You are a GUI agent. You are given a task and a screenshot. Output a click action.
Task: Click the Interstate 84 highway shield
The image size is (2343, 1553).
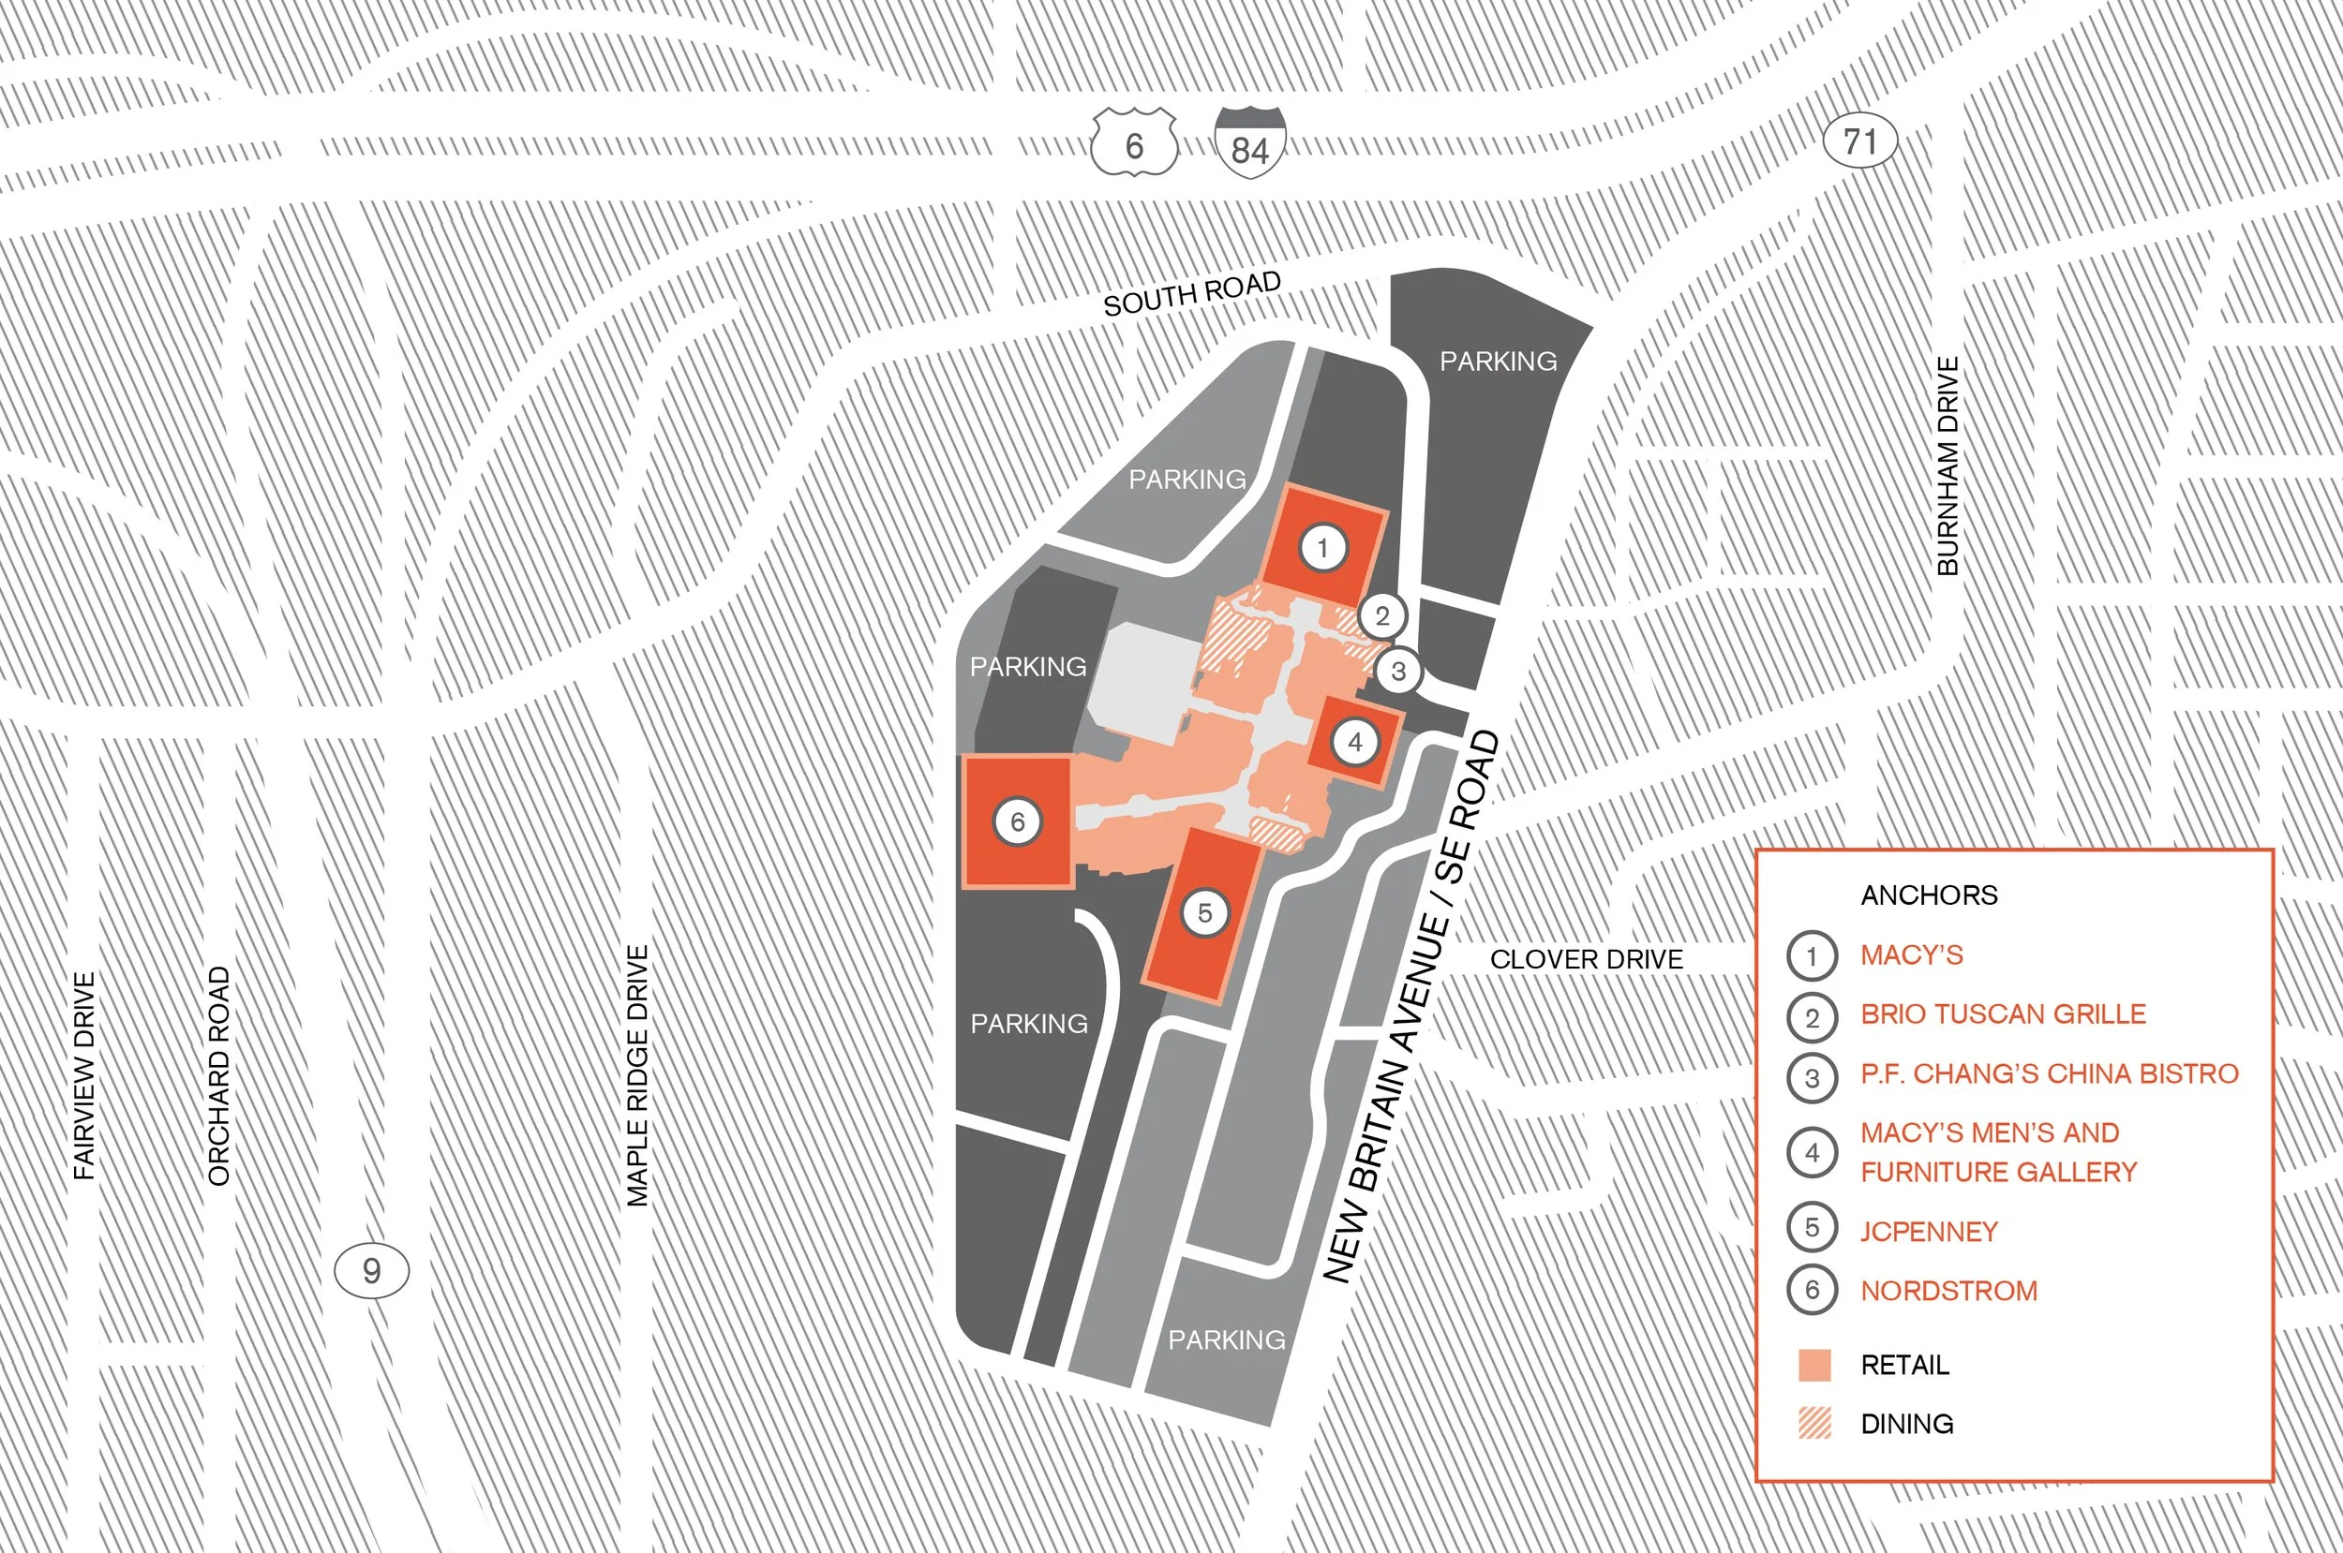click(x=1250, y=144)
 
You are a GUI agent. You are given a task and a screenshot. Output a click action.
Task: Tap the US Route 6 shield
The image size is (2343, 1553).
click(x=1134, y=144)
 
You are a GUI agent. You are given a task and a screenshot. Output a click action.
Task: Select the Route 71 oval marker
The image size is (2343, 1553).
click(x=1859, y=141)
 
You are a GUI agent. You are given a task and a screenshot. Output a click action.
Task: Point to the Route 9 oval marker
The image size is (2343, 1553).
click(x=371, y=1271)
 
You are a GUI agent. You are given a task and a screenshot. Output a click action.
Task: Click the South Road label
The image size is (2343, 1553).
click(x=1192, y=293)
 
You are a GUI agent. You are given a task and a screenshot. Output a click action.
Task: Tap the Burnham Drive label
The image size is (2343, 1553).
click(x=1948, y=466)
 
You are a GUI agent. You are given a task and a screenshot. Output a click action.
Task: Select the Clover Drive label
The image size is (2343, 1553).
click(x=1586, y=959)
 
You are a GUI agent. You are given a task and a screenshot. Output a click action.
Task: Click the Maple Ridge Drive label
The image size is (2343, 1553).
click(x=638, y=1075)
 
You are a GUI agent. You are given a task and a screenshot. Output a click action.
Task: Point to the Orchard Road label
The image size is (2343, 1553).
click(x=219, y=1075)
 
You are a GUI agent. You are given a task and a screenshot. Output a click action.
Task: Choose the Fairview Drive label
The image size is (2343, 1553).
click(x=85, y=1075)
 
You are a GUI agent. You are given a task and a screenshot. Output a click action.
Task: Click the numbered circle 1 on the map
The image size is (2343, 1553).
click(x=1322, y=548)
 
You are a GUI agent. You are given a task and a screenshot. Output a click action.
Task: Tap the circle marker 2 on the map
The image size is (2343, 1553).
click(x=1382, y=616)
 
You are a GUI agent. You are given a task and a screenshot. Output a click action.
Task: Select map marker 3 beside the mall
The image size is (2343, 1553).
click(x=1398, y=672)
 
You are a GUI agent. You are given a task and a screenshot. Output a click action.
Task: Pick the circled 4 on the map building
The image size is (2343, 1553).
click(x=1355, y=742)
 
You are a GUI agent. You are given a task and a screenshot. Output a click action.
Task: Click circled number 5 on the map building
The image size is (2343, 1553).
click(x=1204, y=913)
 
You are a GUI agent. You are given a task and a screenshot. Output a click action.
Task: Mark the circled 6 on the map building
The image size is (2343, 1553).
click(x=1018, y=822)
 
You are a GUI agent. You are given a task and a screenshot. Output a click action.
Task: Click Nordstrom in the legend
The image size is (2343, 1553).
click(x=1948, y=1291)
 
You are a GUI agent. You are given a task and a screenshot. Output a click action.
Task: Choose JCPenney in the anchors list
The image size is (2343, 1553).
click(x=1929, y=1231)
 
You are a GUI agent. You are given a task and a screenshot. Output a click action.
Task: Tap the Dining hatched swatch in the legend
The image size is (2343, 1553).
click(x=1814, y=1423)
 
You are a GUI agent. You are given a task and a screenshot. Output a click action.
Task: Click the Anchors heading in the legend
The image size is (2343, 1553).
click(x=1929, y=895)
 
